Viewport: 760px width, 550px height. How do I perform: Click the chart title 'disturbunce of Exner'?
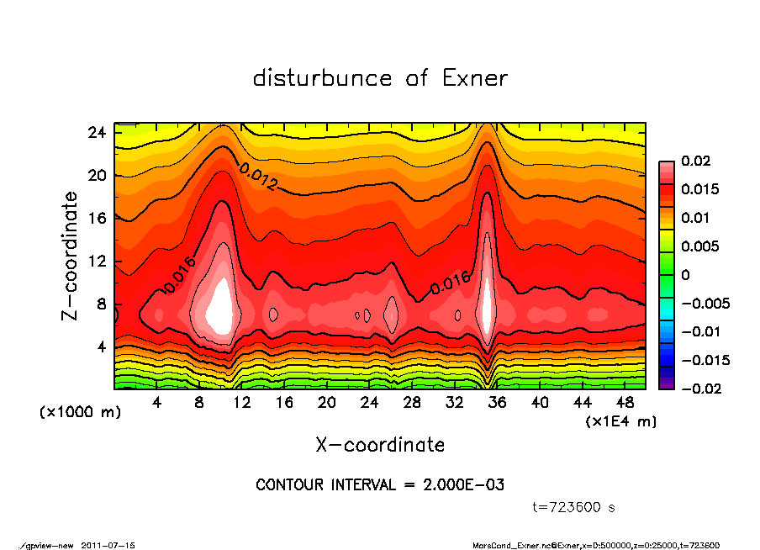point(380,78)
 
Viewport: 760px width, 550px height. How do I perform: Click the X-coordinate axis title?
point(380,444)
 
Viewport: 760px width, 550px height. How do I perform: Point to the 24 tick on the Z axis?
point(97,133)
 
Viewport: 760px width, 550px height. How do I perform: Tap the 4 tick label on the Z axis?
point(101,346)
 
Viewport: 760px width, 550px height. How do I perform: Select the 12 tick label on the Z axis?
point(97,262)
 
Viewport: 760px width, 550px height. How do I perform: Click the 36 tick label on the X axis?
point(497,403)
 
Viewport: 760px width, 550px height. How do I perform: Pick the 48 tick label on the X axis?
point(625,403)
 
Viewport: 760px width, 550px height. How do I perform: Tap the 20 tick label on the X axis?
point(327,403)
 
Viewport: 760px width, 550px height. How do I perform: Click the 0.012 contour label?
point(258,177)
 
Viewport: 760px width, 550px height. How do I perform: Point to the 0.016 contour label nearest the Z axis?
point(180,274)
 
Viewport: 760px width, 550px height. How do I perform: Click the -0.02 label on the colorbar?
point(699,389)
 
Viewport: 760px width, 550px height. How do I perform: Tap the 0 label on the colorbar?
point(685,275)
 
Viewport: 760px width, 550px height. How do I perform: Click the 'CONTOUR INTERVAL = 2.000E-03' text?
point(380,485)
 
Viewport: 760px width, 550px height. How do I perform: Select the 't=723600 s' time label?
point(574,507)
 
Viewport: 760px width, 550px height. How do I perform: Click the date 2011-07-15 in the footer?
point(108,545)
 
